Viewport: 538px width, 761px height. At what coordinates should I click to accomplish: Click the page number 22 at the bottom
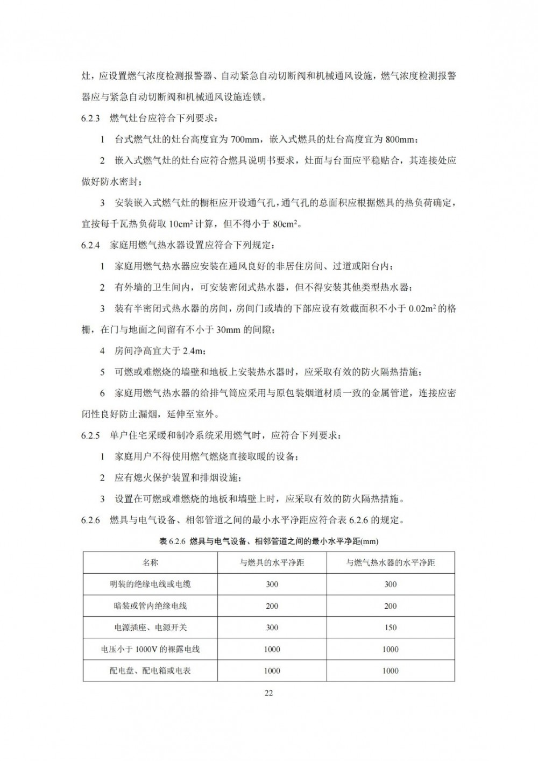(269, 693)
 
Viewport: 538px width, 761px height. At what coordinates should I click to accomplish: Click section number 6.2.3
(91, 118)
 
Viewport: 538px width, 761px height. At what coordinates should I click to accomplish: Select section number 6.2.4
(91, 245)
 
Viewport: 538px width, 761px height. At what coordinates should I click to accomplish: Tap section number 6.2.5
(91, 435)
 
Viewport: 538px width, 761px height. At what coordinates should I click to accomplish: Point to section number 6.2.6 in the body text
(91, 520)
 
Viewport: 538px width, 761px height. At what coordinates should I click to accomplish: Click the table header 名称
(150, 563)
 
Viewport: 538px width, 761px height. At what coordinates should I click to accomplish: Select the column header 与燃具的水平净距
(272, 563)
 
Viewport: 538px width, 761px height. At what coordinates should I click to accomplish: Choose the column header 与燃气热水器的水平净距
(391, 563)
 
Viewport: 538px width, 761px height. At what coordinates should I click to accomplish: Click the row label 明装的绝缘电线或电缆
(150, 584)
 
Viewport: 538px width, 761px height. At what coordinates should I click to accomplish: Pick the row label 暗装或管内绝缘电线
(150, 606)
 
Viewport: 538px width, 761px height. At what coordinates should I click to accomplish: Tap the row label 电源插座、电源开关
(150, 628)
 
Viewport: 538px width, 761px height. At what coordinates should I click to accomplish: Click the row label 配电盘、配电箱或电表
(150, 671)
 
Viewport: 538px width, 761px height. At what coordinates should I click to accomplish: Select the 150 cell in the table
(391, 628)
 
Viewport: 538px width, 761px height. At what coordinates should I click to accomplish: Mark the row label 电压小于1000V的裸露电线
(150, 649)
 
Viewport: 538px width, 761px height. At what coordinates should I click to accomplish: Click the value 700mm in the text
(245, 139)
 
